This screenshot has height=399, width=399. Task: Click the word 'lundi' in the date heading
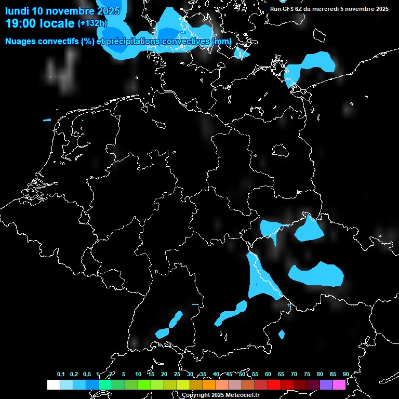[x=17, y=11]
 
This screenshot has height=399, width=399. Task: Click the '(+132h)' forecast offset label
[x=92, y=23]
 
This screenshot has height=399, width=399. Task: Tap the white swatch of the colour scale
[x=54, y=385]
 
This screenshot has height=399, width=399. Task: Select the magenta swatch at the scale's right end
[x=339, y=385]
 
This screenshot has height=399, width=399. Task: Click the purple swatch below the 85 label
[x=326, y=385]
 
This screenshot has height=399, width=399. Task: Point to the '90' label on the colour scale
[x=345, y=375]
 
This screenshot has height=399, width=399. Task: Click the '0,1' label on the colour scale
[x=61, y=375]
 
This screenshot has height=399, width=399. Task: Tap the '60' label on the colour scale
[x=268, y=375]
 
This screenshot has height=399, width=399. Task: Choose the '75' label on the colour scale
[x=307, y=375]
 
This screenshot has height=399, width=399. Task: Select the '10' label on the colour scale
[x=138, y=375]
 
